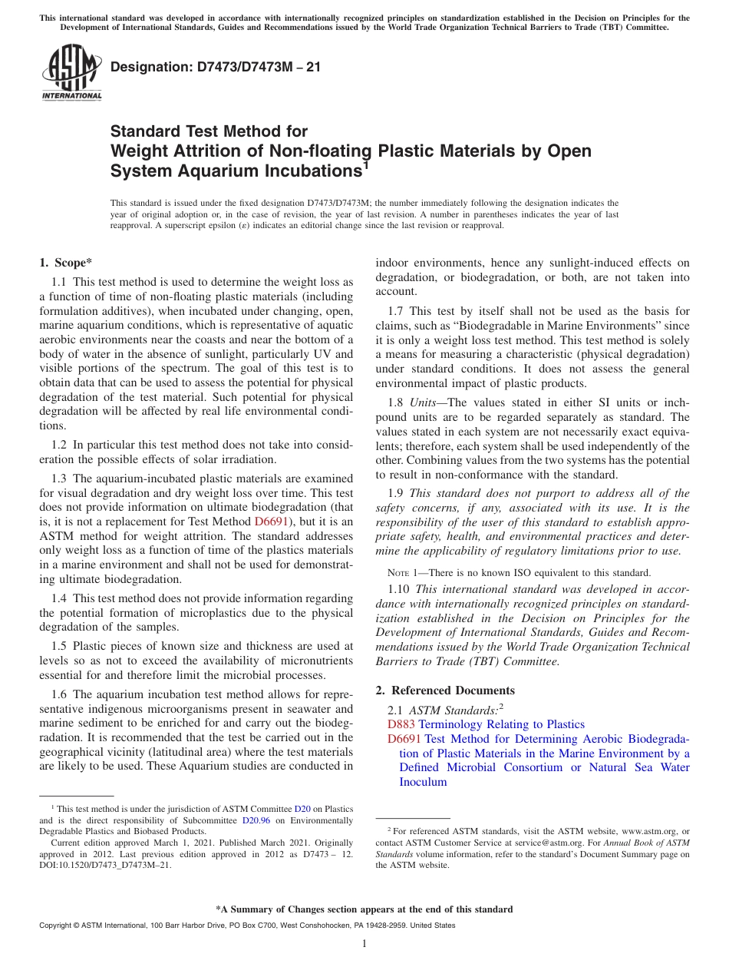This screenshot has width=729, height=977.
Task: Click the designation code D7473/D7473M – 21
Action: click(216, 67)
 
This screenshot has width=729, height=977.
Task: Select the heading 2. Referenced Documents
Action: click(445, 691)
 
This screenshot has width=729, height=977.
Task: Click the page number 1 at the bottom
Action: click(364, 944)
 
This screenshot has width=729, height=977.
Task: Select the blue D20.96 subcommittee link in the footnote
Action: click(246, 820)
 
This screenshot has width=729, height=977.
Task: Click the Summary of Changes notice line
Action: click(364, 909)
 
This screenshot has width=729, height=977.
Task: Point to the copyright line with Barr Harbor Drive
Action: click(246, 926)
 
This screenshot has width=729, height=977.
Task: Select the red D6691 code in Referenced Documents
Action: click(404, 739)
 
